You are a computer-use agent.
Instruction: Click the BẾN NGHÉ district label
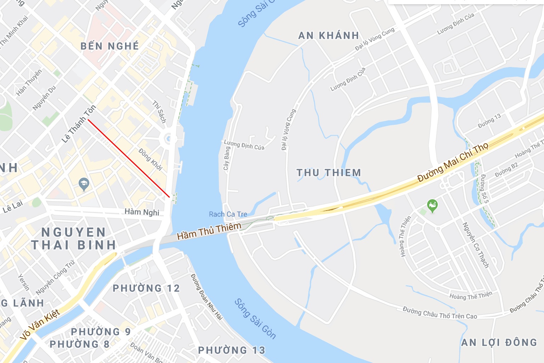pyautogui.click(x=110, y=46)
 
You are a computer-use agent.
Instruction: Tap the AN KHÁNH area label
pyautogui.click(x=329, y=35)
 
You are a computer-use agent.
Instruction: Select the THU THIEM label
pyautogui.click(x=329, y=173)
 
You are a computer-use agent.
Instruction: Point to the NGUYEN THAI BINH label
pyautogui.click(x=73, y=239)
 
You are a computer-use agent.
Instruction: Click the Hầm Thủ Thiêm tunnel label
pyautogui.click(x=209, y=231)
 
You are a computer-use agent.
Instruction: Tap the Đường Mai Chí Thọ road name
pyautogui.click(x=453, y=162)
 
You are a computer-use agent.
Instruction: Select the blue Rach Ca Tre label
pyautogui.click(x=228, y=214)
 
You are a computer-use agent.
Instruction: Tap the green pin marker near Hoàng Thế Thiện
pyautogui.click(x=432, y=205)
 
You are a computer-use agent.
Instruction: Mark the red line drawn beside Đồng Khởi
pyautogui.click(x=129, y=158)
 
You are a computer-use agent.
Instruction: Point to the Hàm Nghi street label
pyautogui.click(x=142, y=212)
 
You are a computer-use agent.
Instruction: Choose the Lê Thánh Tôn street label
pyautogui.click(x=79, y=124)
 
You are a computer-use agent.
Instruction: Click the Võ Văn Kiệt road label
pyautogui.click(x=40, y=324)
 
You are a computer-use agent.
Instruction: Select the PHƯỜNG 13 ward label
pyautogui.click(x=232, y=350)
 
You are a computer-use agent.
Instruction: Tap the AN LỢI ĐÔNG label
pyautogui.click(x=499, y=342)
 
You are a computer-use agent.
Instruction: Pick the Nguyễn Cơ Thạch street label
pyautogui.click(x=476, y=245)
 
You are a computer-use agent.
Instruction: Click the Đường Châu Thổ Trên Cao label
pyautogui.click(x=440, y=313)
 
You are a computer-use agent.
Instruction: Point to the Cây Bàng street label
pyautogui.click(x=227, y=158)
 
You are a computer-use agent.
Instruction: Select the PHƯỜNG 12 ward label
pyautogui.click(x=146, y=288)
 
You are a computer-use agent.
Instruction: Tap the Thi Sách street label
pyautogui.click(x=159, y=112)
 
